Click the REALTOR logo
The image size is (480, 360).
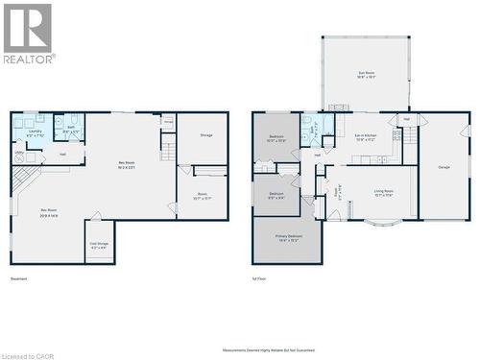click(x=29, y=33)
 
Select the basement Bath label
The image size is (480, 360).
click(x=71, y=129)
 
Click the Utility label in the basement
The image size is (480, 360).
click(x=19, y=152)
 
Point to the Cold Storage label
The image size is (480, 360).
click(x=100, y=245)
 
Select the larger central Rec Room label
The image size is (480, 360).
click(x=127, y=164)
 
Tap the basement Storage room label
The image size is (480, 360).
click(x=206, y=135)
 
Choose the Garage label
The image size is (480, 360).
click(x=444, y=167)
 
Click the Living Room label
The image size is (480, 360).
click(x=383, y=193)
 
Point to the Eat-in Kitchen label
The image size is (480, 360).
click(x=365, y=138)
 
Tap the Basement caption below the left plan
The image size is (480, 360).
click(x=18, y=279)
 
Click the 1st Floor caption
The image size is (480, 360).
click(x=260, y=279)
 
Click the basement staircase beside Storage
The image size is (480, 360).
click(x=168, y=147)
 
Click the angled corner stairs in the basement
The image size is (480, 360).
click(x=26, y=179)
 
